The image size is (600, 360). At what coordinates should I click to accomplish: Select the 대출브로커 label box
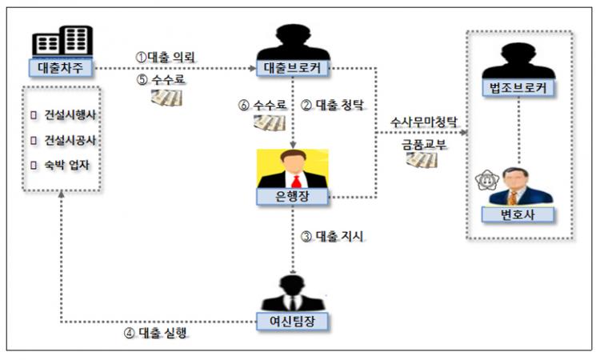(x=294, y=68)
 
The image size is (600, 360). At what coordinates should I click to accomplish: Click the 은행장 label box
(x=294, y=195)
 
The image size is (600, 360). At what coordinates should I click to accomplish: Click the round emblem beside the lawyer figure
(x=486, y=181)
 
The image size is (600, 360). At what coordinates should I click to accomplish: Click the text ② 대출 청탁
(x=329, y=105)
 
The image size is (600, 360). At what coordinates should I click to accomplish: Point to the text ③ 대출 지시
(x=329, y=236)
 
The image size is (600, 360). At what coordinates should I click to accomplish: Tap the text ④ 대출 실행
(x=157, y=333)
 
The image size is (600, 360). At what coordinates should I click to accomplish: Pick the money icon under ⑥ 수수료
(x=270, y=122)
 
